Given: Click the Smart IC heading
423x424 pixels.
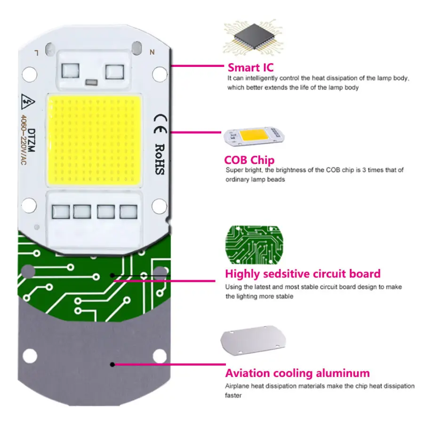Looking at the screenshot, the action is pyautogui.click(x=250, y=67).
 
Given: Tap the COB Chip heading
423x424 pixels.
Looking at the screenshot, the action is pyautogui.click(x=249, y=160).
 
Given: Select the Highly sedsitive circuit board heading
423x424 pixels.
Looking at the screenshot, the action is pyautogui.click(x=303, y=274).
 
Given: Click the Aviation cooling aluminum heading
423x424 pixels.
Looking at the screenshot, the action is pyautogui.click(x=297, y=373).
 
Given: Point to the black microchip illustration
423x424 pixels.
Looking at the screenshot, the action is pyautogui.click(x=254, y=37).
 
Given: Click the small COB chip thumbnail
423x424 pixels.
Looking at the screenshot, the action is pyautogui.click(x=254, y=136).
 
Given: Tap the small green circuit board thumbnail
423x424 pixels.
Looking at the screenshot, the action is pyautogui.click(x=254, y=245).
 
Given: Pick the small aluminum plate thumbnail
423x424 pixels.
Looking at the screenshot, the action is pyautogui.click(x=253, y=340).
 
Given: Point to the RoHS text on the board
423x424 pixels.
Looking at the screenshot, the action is pyautogui.click(x=160, y=159).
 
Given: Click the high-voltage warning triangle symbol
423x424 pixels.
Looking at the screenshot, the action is pyautogui.click(x=28, y=102).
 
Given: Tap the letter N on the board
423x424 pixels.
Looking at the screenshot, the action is pyautogui.click(x=152, y=52).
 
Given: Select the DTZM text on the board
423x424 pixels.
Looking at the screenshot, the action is pyautogui.click(x=32, y=140).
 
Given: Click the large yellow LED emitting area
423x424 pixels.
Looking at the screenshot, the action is pyautogui.click(x=95, y=140).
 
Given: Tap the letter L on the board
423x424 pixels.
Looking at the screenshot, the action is pyautogui.click(x=37, y=53).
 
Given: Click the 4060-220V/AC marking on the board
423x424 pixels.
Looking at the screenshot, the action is pyautogui.click(x=24, y=140).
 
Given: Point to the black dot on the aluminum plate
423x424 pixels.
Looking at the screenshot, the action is pyautogui.click(x=112, y=365).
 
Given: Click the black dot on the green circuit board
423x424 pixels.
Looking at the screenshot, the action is pyautogui.click(x=112, y=276).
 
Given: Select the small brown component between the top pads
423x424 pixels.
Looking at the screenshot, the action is pyautogui.click(x=91, y=82).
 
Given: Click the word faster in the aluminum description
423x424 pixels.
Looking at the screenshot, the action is pyautogui.click(x=233, y=395).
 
